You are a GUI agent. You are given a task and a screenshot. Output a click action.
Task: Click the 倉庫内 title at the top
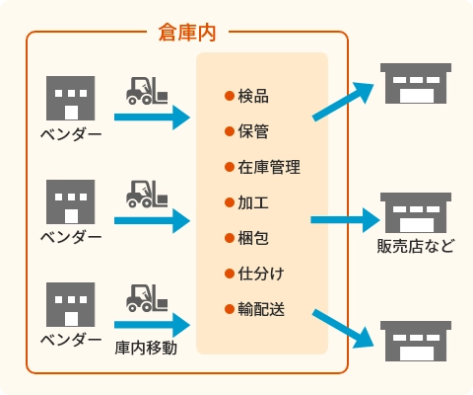click(x=187, y=34)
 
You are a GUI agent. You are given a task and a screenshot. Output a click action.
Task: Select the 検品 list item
click(x=253, y=96)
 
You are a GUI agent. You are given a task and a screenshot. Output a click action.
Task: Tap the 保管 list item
click(x=253, y=131)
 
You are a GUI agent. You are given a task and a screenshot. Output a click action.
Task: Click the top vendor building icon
click(x=71, y=98)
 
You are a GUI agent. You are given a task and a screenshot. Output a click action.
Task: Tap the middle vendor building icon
click(x=71, y=201)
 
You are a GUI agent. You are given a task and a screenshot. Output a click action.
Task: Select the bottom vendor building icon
click(x=71, y=304)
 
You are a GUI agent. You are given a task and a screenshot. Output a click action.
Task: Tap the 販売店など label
click(x=416, y=246)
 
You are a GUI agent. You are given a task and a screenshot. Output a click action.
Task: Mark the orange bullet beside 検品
click(x=230, y=96)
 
